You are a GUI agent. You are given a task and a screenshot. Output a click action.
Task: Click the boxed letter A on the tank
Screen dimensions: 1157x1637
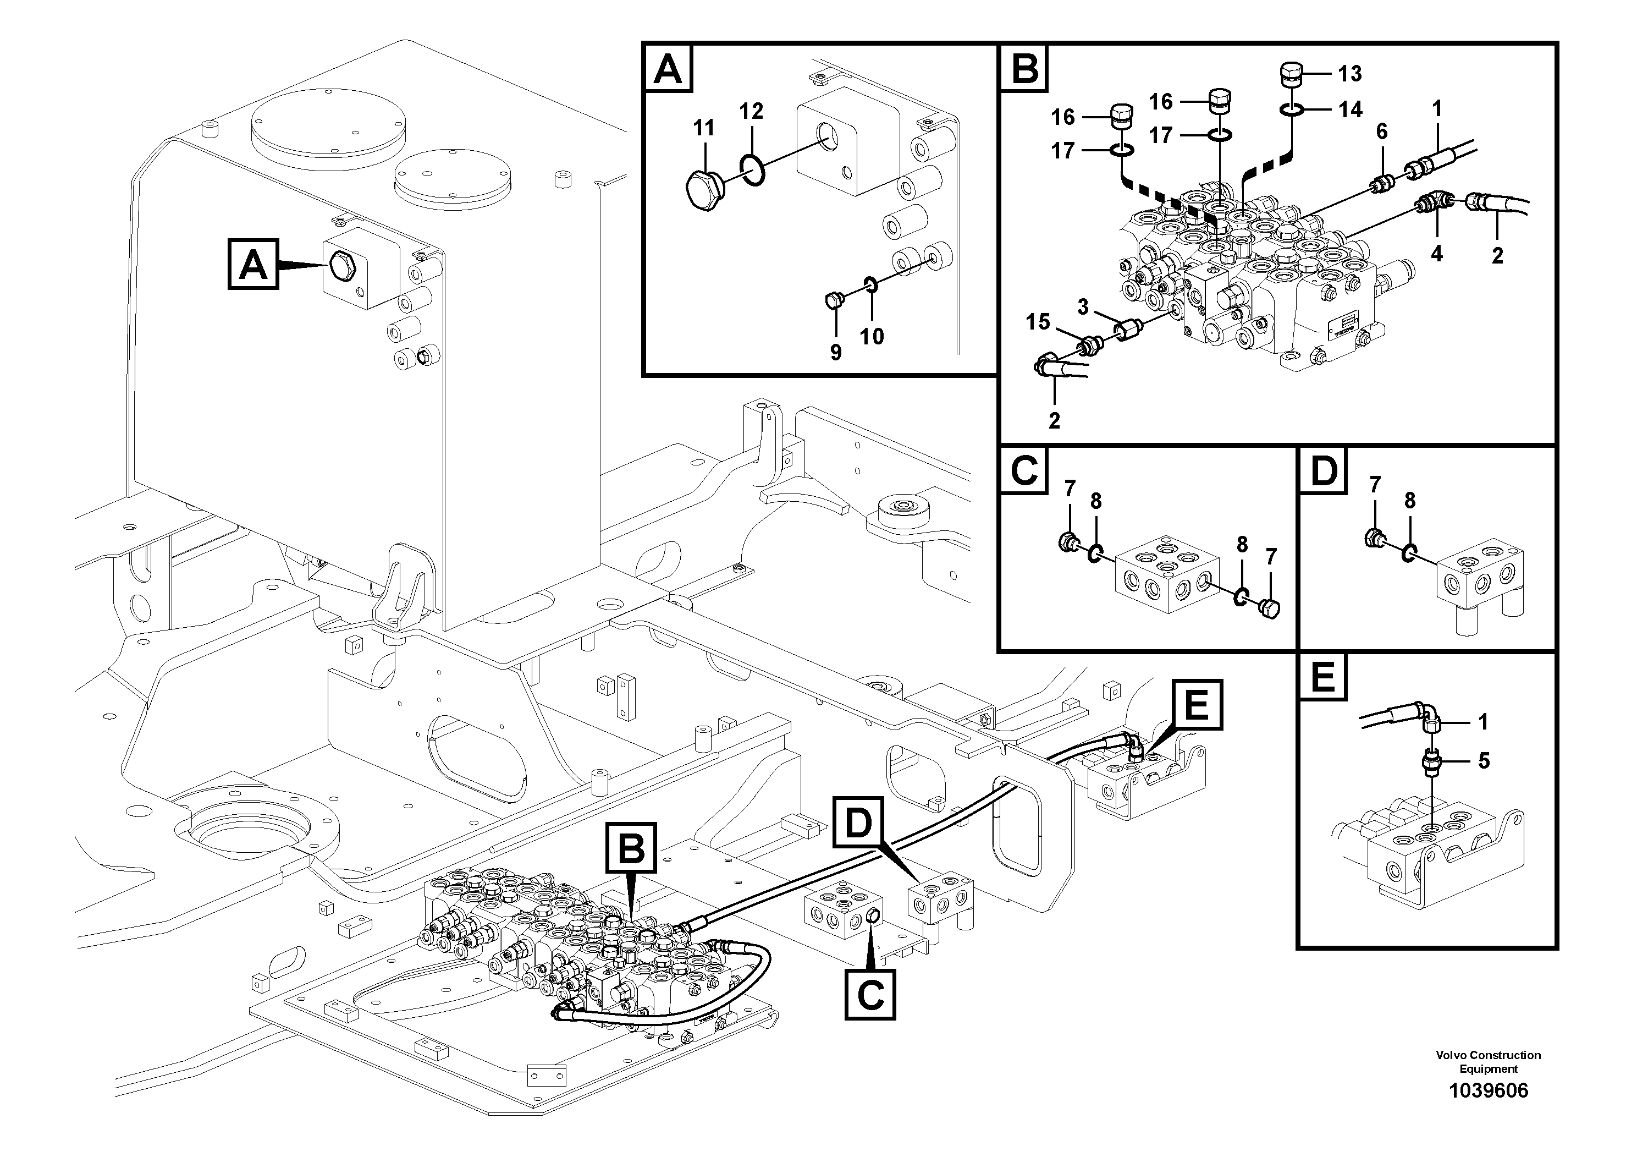253,265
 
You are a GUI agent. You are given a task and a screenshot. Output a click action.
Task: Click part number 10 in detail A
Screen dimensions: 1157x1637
871,336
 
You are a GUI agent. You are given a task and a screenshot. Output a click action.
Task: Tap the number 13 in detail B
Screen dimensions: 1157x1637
1349,74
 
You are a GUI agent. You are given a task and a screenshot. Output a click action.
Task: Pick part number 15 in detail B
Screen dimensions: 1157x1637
1038,322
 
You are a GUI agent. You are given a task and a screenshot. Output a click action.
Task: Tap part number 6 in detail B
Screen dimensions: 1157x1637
1382,131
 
